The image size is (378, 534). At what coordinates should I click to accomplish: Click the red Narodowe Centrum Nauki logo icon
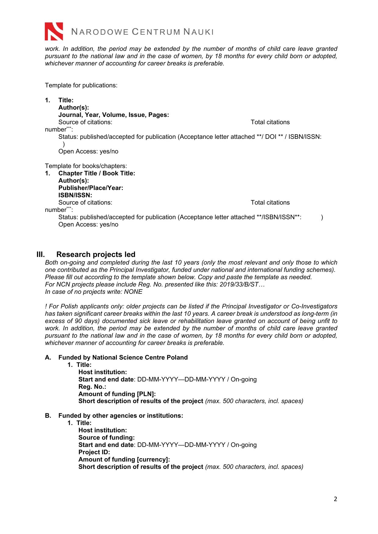click(x=54, y=31)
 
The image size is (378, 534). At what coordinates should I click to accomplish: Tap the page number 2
click(x=335, y=499)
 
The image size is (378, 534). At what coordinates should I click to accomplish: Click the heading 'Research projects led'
click(x=96, y=255)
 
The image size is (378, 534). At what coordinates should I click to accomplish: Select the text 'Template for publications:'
click(x=81, y=85)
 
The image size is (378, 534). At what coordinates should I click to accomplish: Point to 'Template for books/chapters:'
click(x=86, y=166)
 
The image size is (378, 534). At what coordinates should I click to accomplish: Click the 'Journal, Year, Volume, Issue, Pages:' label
click(x=114, y=115)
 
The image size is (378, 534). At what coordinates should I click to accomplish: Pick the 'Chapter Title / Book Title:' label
click(x=97, y=173)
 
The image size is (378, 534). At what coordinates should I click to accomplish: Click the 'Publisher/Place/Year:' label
click(x=91, y=188)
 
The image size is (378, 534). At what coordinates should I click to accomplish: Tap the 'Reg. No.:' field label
click(x=92, y=387)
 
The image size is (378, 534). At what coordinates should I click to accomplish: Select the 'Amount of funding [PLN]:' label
click(x=117, y=394)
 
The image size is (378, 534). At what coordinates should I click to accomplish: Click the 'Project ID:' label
click(x=94, y=452)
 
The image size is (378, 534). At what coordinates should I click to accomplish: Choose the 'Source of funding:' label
click(x=106, y=437)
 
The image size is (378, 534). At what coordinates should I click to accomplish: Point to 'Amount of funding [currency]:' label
click(x=124, y=459)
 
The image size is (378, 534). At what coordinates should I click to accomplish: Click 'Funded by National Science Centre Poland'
click(x=123, y=357)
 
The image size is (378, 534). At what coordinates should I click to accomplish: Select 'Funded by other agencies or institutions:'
click(x=121, y=416)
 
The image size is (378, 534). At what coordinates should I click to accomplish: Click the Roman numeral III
click(x=41, y=255)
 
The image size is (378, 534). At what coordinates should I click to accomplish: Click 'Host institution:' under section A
click(x=103, y=372)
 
